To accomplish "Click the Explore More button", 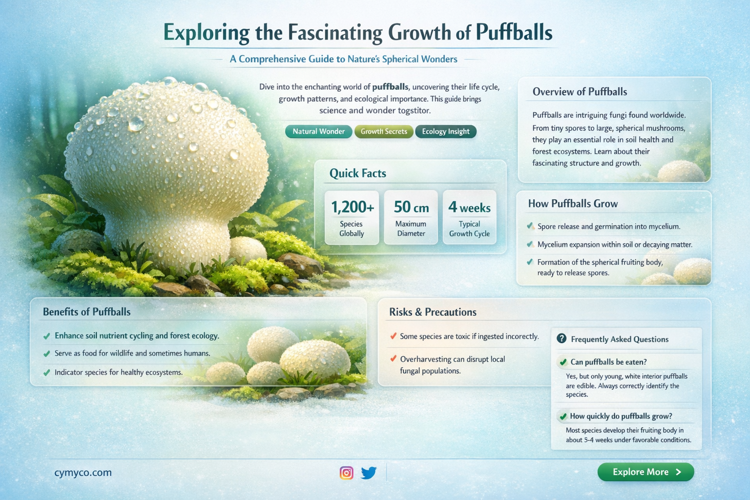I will [646, 472].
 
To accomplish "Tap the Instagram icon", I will [346, 473].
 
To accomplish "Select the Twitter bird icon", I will [369, 473].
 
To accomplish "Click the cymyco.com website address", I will [83, 473].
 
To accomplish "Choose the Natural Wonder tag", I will [318, 131].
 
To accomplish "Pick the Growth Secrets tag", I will [384, 131].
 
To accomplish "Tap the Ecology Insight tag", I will [445, 131].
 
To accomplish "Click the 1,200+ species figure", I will [352, 208].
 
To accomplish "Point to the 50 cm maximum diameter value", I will [411, 208].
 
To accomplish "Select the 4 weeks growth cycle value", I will [469, 208].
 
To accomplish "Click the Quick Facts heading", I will [357, 173].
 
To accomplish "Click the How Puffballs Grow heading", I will [573, 204].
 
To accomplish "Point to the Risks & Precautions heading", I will [433, 312].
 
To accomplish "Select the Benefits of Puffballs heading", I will [86, 312].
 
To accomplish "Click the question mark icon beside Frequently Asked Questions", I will [562, 338].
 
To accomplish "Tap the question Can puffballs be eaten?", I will [608, 362].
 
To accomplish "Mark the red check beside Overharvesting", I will [393, 359].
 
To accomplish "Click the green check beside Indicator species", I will [47, 373].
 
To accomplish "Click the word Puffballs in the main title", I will [514, 33].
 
